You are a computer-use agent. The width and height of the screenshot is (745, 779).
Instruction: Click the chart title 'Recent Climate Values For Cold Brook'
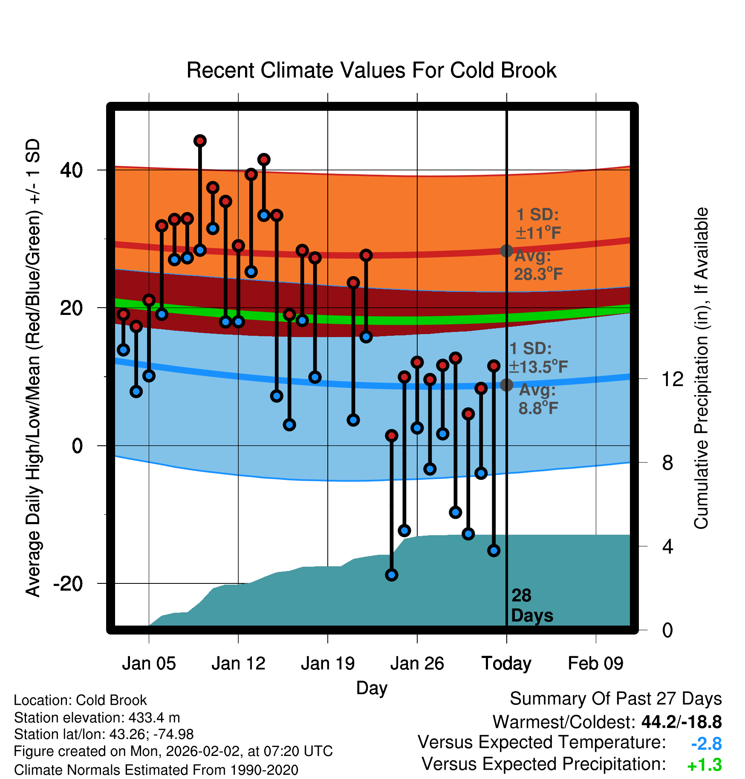[372, 70]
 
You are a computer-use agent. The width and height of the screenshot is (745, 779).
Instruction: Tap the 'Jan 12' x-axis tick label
[238, 664]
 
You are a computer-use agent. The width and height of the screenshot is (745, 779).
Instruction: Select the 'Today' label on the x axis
[506, 664]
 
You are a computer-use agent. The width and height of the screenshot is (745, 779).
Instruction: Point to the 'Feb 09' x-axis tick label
[596, 664]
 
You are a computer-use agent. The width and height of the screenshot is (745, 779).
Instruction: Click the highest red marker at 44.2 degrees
[200, 141]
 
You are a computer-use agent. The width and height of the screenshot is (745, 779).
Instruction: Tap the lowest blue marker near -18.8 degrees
[392, 575]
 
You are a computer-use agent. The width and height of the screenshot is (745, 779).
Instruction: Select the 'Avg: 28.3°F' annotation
[538, 265]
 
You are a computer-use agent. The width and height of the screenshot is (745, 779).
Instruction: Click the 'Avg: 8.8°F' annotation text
[537, 399]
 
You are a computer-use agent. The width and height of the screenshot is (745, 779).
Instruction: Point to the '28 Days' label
[532, 606]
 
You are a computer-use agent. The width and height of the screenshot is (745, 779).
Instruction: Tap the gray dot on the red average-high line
[506, 251]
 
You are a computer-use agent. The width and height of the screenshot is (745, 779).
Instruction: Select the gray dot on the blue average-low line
[506, 385]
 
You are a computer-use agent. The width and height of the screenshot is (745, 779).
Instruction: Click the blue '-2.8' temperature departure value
[706, 744]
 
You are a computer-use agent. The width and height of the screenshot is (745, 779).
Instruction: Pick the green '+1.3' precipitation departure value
[705, 765]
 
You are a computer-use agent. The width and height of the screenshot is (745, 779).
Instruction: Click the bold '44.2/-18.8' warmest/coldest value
[681, 722]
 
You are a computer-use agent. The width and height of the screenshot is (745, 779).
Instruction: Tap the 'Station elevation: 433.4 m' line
[97, 718]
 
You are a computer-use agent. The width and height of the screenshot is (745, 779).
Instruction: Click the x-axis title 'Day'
[372, 688]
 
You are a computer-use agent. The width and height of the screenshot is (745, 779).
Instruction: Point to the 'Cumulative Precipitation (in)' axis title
[701, 369]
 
